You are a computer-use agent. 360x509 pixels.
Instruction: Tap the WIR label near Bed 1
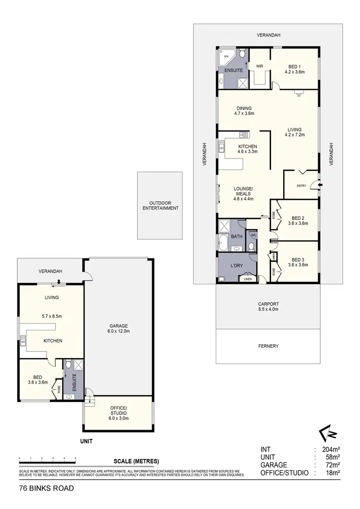point(260,66)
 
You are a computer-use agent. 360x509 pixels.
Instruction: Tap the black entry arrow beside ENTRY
point(321,184)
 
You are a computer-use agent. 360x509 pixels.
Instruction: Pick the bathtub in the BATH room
point(224,243)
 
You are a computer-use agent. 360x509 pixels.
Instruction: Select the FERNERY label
point(268,346)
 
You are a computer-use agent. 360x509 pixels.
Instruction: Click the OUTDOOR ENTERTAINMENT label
point(160,206)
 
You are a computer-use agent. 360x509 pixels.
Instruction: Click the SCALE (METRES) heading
point(136,461)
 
